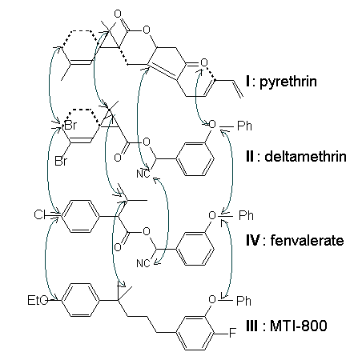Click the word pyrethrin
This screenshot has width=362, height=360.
pyautogui.click(x=288, y=82)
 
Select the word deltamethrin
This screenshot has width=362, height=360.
pyautogui.click(x=305, y=156)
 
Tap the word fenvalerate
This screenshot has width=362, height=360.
pyautogui.click(x=307, y=241)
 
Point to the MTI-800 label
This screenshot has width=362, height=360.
pyautogui.click(x=299, y=326)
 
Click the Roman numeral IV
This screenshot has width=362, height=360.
pyautogui.click(x=252, y=241)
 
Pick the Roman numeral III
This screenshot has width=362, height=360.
pyautogui.click(x=251, y=326)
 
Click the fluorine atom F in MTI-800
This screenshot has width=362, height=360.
pyautogui.click(x=233, y=333)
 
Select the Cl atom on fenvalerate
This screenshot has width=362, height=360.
pyautogui.click(x=39, y=214)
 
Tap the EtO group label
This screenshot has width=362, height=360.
pyautogui.click(x=38, y=301)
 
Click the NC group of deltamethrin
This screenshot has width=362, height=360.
pyautogui.click(x=143, y=174)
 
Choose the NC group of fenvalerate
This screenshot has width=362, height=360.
pyautogui.click(x=143, y=263)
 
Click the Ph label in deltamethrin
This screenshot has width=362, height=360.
pyautogui.click(x=244, y=126)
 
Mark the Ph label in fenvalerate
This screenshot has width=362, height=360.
pyautogui.click(x=246, y=215)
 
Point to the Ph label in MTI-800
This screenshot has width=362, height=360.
pyautogui.click(x=243, y=301)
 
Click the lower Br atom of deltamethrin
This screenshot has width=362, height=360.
pyautogui.click(x=61, y=162)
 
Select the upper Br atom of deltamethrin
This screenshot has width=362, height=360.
pyautogui.click(x=70, y=126)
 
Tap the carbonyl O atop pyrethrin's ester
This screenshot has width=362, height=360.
pyautogui.click(x=118, y=14)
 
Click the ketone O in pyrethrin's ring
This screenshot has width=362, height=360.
pyautogui.click(x=204, y=62)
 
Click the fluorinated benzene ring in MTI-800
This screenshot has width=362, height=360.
pyautogui.click(x=195, y=333)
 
